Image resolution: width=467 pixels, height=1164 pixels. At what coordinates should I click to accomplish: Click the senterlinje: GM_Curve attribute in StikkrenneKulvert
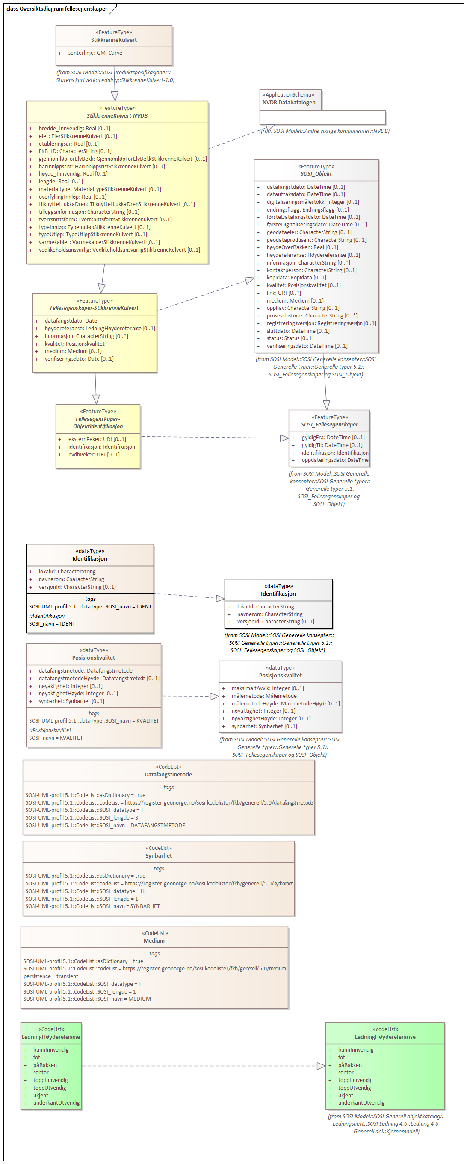click(95, 53)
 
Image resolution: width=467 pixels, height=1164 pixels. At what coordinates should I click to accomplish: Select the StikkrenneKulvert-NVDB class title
click(117, 116)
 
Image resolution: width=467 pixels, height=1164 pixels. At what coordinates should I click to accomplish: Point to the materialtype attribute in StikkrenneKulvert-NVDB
click(100, 189)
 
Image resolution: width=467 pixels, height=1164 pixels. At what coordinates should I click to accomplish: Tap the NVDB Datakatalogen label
click(289, 103)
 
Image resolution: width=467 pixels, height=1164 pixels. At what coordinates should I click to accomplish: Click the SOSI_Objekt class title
click(316, 174)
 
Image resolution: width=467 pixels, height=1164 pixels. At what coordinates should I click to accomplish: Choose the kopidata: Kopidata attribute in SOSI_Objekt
click(296, 278)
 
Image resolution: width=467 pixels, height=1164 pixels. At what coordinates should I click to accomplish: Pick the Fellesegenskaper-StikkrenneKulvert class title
click(94, 308)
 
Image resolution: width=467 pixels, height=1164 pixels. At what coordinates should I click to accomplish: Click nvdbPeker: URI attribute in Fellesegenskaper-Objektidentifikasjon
click(94, 455)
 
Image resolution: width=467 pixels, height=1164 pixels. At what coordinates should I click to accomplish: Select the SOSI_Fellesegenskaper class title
click(329, 425)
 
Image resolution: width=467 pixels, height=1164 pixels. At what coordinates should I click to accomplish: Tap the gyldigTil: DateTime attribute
click(332, 445)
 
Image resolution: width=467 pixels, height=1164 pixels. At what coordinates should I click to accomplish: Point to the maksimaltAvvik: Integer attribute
click(268, 688)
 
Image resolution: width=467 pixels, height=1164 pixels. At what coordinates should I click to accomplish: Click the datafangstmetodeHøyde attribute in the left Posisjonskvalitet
click(98, 678)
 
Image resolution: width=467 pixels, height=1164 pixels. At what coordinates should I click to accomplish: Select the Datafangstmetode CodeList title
click(168, 774)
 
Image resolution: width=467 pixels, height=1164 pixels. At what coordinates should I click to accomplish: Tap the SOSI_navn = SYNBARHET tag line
click(93, 906)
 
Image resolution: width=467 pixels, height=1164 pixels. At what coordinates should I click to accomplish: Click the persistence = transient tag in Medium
click(50, 976)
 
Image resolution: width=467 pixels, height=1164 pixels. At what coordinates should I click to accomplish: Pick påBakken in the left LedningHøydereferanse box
click(45, 1065)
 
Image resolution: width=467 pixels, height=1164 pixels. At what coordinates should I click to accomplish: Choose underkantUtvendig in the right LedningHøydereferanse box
click(361, 1102)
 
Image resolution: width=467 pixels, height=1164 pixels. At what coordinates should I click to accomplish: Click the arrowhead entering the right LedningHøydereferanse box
click(321, 1066)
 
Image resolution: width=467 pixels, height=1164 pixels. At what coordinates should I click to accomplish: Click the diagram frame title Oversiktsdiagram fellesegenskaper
click(57, 9)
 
